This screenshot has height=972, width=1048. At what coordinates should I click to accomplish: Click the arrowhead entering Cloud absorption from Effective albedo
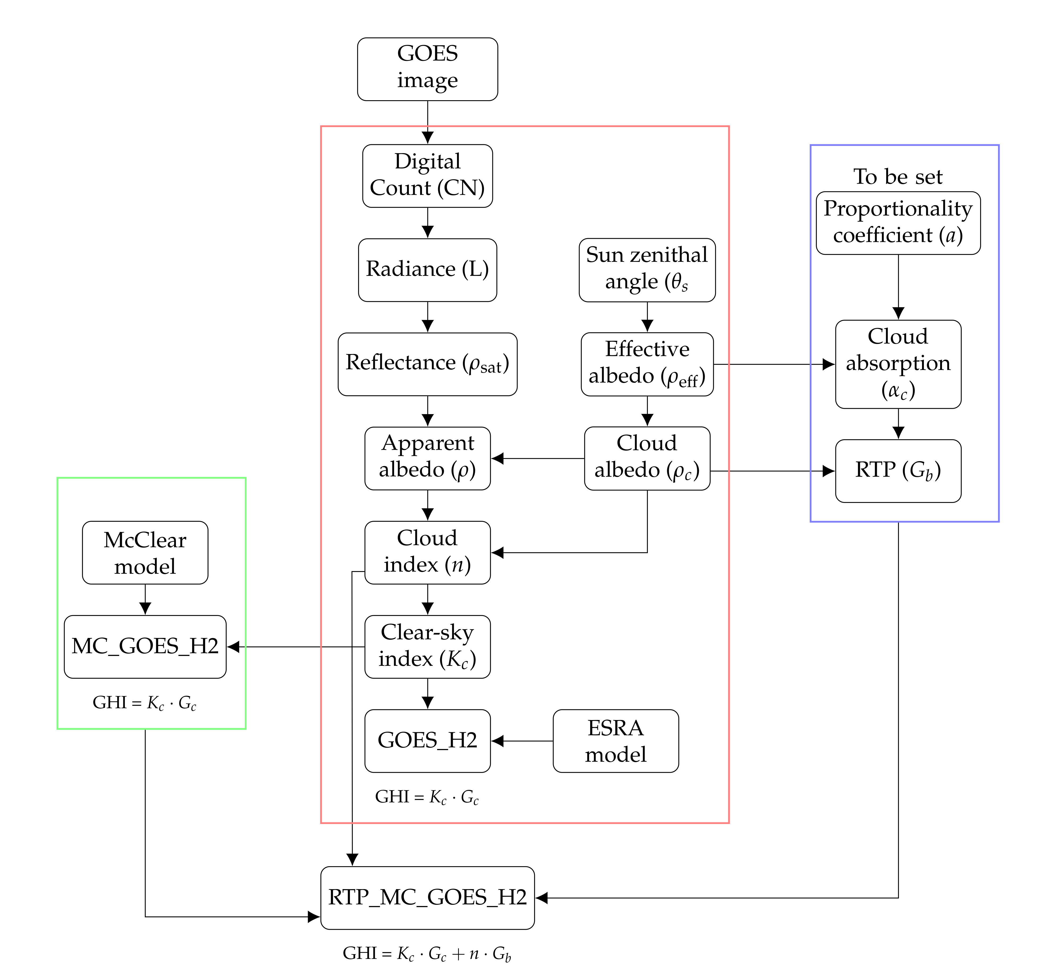[828, 364]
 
